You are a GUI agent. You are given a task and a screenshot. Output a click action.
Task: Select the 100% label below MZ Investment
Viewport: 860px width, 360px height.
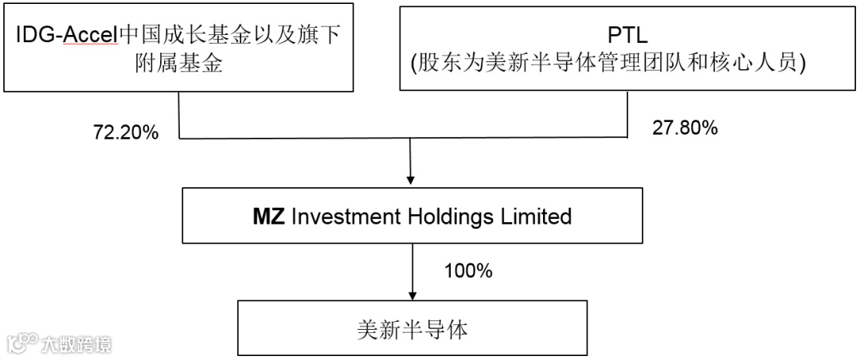[x=468, y=271]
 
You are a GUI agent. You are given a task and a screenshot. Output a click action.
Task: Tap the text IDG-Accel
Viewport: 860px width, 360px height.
[x=66, y=36]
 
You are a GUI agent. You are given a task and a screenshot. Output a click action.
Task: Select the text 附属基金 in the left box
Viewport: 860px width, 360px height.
[x=178, y=64]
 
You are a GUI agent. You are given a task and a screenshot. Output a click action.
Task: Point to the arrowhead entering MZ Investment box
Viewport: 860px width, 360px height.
[x=409, y=182]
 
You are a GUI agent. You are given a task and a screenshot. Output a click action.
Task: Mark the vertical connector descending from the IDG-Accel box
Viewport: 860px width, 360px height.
[x=179, y=115]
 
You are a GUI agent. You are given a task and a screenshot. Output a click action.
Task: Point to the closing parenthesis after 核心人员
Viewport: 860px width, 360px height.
[x=803, y=64]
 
